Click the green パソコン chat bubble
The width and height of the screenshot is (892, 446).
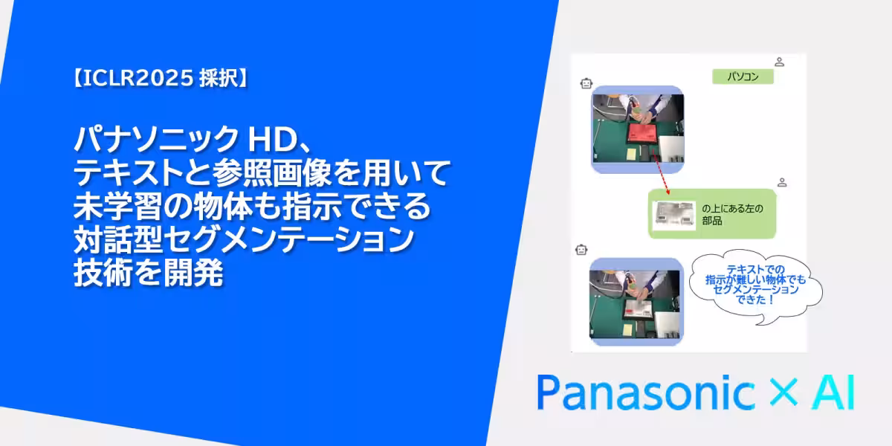(x=743, y=77)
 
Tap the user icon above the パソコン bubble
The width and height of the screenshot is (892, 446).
(x=779, y=61)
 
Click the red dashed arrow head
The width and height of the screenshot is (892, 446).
(x=663, y=193)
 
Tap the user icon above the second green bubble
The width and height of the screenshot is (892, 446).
(x=781, y=182)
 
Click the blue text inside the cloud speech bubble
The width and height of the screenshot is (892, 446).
(x=754, y=284)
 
